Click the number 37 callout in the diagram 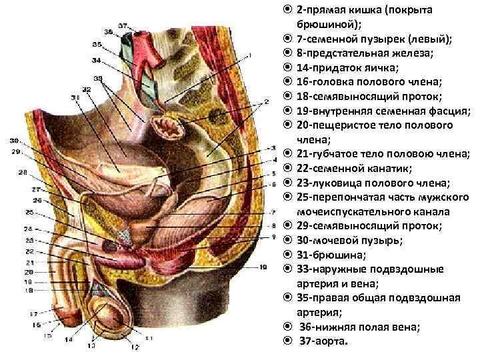[x=123, y=25]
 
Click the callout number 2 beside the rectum [x=265, y=101]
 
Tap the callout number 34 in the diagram [x=96, y=60]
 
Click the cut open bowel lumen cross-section [x=163, y=125]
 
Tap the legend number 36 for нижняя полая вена [x=308, y=327]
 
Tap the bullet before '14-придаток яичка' [x=286, y=67]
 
